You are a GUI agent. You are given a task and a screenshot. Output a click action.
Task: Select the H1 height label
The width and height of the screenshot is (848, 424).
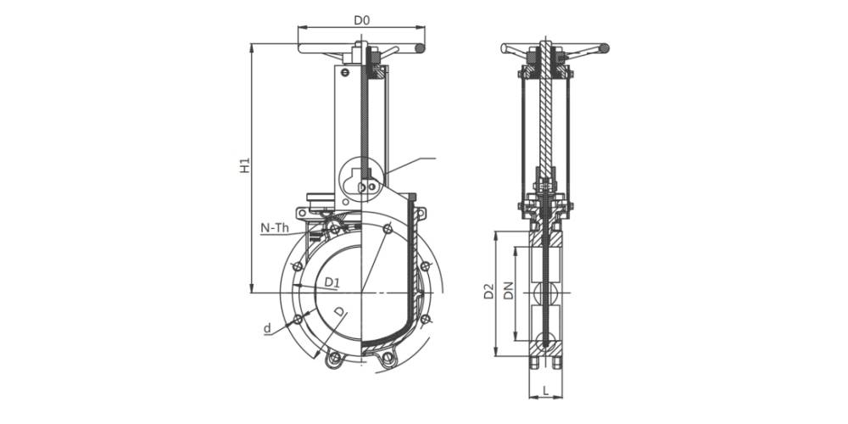point(244,166)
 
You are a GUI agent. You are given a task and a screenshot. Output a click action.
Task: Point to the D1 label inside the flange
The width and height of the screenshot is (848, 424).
point(332,282)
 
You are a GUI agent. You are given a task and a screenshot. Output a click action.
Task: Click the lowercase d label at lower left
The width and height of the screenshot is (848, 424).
point(266,328)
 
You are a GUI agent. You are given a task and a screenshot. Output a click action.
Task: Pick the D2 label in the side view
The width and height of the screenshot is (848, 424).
point(488,293)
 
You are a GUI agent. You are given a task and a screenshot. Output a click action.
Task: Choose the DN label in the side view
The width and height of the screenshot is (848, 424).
point(507,293)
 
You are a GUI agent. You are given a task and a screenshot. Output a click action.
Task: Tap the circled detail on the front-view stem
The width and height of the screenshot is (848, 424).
point(362,181)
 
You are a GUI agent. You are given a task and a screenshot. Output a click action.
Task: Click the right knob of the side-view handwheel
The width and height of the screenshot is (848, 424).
point(605,49)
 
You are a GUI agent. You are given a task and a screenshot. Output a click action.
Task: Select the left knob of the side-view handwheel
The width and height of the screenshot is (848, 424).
point(505,49)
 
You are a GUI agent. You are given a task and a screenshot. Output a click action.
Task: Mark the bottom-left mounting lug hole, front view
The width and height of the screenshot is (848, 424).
point(335,360)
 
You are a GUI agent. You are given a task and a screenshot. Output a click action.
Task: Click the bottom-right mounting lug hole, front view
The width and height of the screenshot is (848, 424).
point(388,360)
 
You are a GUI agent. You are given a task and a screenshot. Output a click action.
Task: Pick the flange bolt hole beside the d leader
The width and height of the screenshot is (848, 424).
point(297,320)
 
